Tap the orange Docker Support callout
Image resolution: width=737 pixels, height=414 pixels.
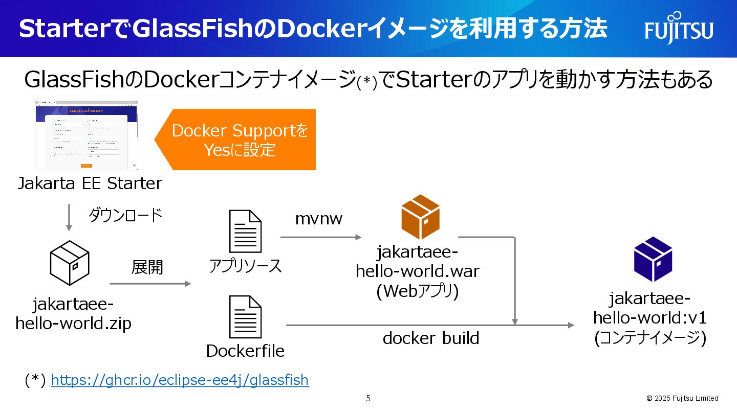pyautogui.click(x=240, y=140)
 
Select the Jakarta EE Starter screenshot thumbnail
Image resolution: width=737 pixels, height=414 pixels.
pyautogui.click(x=86, y=135)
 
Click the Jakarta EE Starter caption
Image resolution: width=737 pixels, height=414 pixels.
pyautogui.click(x=90, y=183)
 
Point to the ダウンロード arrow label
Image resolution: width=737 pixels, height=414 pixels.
pyautogui.click(x=125, y=215)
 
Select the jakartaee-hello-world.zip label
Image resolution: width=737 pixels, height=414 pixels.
pyautogui.click(x=73, y=314)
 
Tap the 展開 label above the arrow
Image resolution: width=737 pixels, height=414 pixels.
pyautogui.click(x=147, y=267)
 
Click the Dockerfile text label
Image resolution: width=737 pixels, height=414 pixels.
pyautogui.click(x=245, y=351)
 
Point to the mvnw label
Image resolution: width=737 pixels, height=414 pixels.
pyautogui.click(x=319, y=219)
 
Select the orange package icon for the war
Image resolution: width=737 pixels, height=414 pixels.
pyautogui.click(x=420, y=217)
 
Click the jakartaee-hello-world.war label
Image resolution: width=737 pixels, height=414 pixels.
pyautogui.click(x=418, y=262)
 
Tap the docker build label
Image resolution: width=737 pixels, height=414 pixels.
pyautogui.click(x=431, y=338)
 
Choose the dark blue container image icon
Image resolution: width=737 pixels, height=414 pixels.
pyautogui.click(x=653, y=259)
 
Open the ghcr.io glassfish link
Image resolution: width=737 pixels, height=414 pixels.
pyautogui.click(x=180, y=380)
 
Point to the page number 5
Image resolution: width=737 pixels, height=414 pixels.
pyautogui.click(x=368, y=398)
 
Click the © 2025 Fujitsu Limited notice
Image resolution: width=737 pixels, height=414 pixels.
pyautogui.click(x=682, y=398)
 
